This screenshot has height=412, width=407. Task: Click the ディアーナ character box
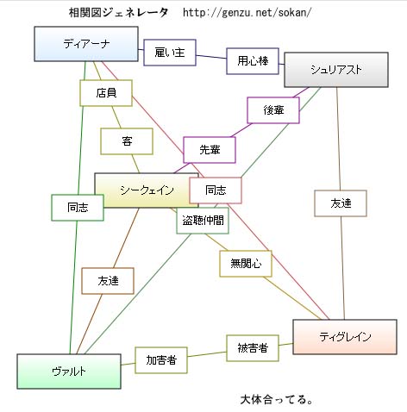click(x=86, y=44)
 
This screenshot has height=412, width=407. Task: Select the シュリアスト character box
click(x=336, y=70)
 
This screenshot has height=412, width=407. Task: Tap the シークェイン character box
click(x=147, y=190)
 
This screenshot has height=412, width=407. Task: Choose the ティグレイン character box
click(x=345, y=337)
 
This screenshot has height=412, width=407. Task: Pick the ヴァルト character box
click(x=69, y=371)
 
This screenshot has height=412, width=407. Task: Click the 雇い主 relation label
click(x=170, y=53)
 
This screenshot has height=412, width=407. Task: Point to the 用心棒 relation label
click(x=253, y=61)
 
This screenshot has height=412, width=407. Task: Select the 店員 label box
click(x=106, y=93)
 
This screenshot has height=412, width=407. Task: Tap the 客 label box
click(x=127, y=141)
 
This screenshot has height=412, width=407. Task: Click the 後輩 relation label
click(x=273, y=110)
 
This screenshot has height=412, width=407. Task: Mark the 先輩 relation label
click(x=210, y=150)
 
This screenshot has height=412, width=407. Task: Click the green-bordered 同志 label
click(x=78, y=208)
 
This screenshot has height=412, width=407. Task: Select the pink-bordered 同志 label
click(x=216, y=190)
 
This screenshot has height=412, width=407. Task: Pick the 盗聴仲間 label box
click(x=203, y=221)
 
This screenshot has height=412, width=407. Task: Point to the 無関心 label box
click(x=246, y=264)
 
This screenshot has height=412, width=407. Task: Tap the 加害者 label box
click(x=161, y=360)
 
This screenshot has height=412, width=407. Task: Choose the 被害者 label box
click(x=253, y=348)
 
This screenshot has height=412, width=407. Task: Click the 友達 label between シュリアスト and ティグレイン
click(x=341, y=203)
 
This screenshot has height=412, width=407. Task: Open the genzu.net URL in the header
click(x=247, y=13)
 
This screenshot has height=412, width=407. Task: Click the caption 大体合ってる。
click(x=277, y=400)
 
